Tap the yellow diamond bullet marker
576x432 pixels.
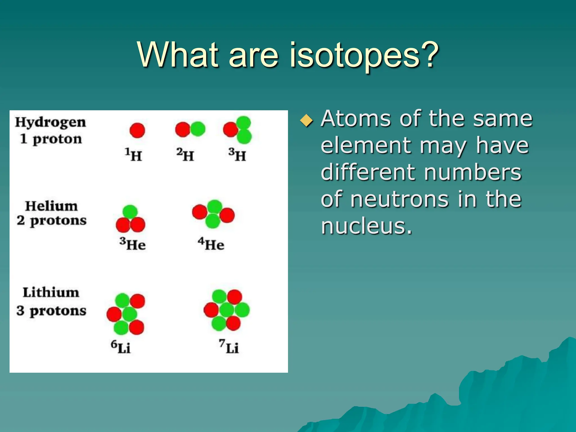coord(306,121)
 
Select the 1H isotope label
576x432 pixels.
coord(133,155)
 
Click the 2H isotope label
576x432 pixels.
coord(185,155)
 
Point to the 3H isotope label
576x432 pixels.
coord(237,155)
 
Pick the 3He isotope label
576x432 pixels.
coord(132,244)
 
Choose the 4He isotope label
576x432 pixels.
coord(211,244)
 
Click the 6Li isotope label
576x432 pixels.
coord(120,347)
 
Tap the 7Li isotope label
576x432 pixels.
coord(229,347)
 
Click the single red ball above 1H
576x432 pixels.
coord(137,130)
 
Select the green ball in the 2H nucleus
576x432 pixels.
coord(198,129)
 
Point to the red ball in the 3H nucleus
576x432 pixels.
coord(230,130)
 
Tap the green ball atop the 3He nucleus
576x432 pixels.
coord(130,212)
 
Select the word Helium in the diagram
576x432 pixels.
coord(51,206)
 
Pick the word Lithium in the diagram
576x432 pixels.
coord(51,292)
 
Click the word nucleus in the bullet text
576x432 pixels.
coord(366,226)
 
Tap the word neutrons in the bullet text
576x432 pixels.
coord(399,199)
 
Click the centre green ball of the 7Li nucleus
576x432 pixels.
coord(226,310)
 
